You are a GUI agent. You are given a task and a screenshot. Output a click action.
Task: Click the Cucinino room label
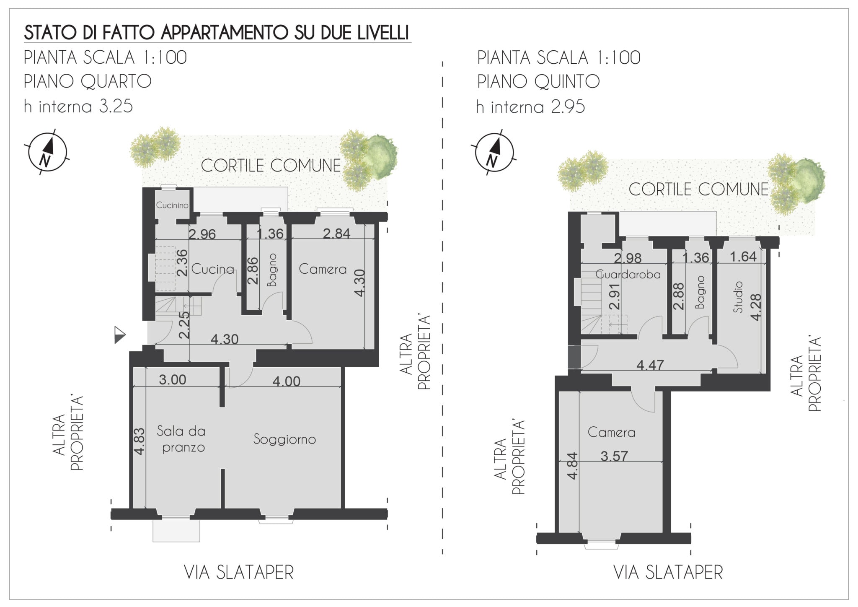(x=172, y=205)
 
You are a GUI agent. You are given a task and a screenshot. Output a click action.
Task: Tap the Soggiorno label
(x=284, y=439)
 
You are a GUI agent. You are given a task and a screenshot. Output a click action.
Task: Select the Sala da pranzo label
(x=181, y=439)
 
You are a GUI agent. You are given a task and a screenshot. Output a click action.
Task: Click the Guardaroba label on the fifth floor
(x=628, y=275)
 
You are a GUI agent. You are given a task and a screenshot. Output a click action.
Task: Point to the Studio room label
(x=738, y=297)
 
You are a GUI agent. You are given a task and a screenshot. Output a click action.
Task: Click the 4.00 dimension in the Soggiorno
(x=286, y=381)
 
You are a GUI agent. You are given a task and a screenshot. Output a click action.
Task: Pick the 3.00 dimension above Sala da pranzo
(x=172, y=380)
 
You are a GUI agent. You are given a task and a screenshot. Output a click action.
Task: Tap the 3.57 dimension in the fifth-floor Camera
(x=614, y=456)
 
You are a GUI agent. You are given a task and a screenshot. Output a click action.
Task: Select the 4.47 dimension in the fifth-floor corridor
(x=650, y=365)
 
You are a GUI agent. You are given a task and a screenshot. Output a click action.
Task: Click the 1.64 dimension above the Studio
(x=743, y=257)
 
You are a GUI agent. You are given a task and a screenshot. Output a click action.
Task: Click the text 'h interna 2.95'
(x=530, y=107)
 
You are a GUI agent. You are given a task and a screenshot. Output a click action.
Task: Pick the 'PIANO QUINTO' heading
(x=538, y=81)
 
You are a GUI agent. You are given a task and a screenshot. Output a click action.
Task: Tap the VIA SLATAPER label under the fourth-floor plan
(x=239, y=573)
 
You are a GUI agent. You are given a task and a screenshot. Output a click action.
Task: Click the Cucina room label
(x=212, y=269)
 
